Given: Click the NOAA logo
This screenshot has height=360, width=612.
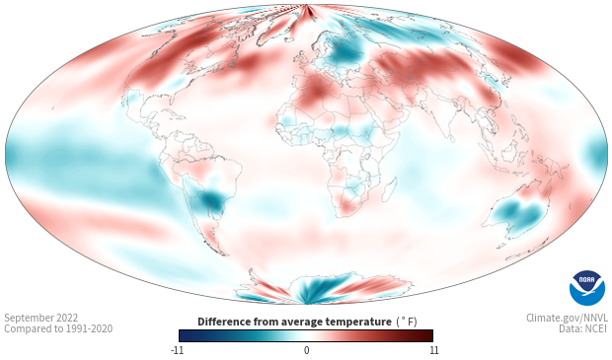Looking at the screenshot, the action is tap(587, 288).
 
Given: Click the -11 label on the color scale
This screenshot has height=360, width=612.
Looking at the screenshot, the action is tap(177, 350).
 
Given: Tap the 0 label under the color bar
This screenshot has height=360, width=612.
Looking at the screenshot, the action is tap(306, 350).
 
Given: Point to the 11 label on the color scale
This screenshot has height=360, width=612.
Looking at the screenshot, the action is tap(433, 350).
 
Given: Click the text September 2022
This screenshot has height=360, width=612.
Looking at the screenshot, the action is tap(41, 318).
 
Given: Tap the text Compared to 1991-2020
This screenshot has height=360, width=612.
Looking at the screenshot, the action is tap(58, 328).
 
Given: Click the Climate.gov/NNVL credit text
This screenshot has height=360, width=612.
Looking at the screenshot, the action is tap(567, 318).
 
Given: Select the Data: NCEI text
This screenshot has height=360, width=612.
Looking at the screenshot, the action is tap(583, 328).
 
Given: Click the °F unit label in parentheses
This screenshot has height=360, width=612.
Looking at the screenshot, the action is tap(407, 322).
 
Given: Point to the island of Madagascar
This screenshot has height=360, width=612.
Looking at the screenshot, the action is tap(390, 188).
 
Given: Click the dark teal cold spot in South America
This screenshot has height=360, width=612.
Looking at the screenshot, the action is tap(212, 199).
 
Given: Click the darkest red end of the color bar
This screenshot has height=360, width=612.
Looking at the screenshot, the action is tap(428, 335).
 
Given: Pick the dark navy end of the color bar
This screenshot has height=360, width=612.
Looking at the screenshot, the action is tap(185, 335).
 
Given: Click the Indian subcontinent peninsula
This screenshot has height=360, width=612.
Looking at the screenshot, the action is tap(442, 121).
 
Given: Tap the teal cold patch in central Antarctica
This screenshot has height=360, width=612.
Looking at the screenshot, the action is tap(312, 289).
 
